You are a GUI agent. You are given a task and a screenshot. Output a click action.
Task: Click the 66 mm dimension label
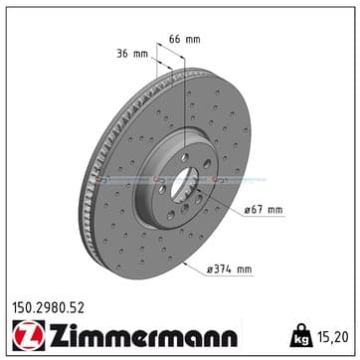pos(185,39)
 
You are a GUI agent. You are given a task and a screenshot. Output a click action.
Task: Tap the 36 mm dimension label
pos(132,54)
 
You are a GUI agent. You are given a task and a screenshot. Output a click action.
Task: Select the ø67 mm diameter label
pos(264,210)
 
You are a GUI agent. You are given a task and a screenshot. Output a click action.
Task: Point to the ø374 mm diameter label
pos(230,270)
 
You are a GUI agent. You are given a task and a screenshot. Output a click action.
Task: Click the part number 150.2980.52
pos(48,308)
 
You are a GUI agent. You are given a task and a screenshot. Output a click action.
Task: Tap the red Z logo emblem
pos(29,335)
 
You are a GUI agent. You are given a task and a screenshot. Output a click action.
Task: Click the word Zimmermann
pos(143,335)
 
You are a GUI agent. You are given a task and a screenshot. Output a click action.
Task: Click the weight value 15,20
pos(332,337)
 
